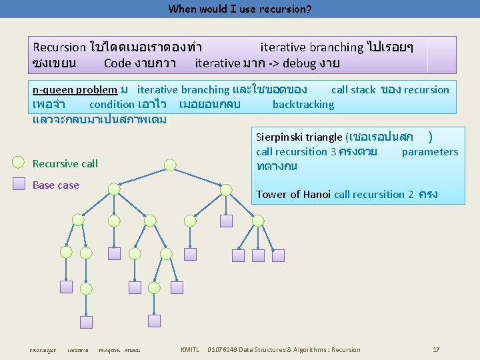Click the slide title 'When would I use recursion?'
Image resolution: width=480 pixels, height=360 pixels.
pos(240,9)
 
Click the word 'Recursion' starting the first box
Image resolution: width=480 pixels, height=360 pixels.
pos(59,47)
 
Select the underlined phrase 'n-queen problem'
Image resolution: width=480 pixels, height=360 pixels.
pos(75,90)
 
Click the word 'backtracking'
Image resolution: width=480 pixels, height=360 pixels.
pos(303,105)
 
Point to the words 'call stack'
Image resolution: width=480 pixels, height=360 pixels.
pos(353,90)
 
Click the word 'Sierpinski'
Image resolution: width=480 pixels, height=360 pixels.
pos(280,137)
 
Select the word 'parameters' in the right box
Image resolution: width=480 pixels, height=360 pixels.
pos(430,152)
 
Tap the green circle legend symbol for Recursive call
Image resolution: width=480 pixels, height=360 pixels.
pos(21,163)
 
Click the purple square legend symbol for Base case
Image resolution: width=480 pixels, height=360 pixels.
pos(21,185)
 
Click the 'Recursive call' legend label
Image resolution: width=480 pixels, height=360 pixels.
pos(65,164)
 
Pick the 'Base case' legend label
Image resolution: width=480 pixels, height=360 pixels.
pos(56,185)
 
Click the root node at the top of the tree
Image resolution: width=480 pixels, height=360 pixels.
pos(171,164)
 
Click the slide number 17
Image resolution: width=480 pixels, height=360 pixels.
pos(436,349)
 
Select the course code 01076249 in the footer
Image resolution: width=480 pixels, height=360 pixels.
pos(226,349)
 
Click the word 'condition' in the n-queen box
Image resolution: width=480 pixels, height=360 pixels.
pos(111,105)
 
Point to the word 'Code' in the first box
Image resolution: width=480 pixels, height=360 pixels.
pos(117,64)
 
